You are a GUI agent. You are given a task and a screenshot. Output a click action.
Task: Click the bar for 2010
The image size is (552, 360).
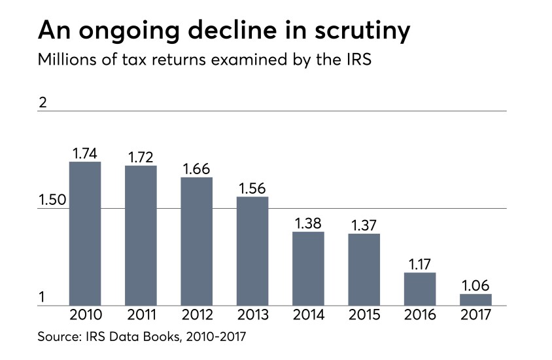click(x=85, y=233)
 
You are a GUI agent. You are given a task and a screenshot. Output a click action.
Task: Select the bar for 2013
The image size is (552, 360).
click(x=252, y=251)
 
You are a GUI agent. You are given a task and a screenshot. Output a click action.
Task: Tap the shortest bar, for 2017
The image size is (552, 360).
click(x=475, y=300)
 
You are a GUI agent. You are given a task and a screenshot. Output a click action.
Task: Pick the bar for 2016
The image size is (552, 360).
click(x=419, y=289)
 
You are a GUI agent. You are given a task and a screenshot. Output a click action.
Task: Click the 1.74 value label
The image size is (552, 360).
click(x=85, y=154)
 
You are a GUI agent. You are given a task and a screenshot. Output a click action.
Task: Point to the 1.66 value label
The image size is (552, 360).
click(x=196, y=169)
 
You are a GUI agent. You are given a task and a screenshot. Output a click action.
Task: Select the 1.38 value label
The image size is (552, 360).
click(x=308, y=223)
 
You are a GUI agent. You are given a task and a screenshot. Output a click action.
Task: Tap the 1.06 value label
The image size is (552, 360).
click(x=475, y=286)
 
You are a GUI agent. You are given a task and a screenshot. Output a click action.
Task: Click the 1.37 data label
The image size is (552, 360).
click(x=364, y=225)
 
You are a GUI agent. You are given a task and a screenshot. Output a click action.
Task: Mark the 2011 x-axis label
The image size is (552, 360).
click(x=141, y=315)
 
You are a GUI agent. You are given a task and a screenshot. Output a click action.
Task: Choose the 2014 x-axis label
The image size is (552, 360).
click(x=308, y=315)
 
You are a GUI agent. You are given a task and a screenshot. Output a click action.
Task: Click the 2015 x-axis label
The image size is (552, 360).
click(x=364, y=315)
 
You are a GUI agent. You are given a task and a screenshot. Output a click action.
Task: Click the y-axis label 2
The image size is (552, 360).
click(x=43, y=103)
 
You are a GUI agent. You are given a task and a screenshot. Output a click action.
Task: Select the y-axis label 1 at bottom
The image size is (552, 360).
click(x=43, y=298)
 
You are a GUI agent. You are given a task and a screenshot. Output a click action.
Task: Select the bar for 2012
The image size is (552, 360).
click(x=196, y=241)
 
